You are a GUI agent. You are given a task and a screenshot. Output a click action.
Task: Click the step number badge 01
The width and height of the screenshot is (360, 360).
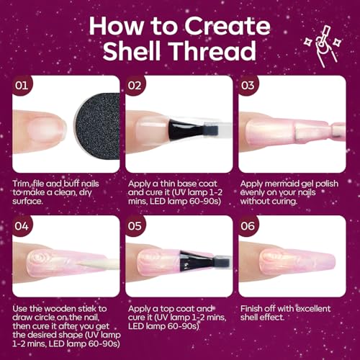[x=22, y=86]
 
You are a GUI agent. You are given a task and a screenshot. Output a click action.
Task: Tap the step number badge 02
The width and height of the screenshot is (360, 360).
[x=135, y=86]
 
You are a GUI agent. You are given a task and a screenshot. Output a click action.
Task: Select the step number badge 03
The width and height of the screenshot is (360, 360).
[x=248, y=86]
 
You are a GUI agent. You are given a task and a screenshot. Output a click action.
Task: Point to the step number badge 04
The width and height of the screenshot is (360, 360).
[x=22, y=226]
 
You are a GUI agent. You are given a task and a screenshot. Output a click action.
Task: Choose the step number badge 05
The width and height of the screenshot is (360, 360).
[x=135, y=226]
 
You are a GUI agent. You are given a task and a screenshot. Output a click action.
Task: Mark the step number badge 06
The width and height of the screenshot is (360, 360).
[x=248, y=226]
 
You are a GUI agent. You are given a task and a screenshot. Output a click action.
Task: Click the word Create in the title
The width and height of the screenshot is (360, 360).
[x=228, y=26]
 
